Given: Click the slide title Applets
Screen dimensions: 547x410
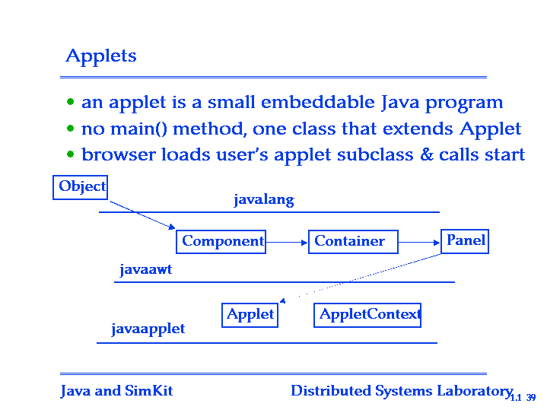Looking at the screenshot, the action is point(101,56).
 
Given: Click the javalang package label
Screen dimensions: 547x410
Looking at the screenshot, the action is point(264,200).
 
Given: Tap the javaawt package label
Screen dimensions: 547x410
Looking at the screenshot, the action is point(146,270).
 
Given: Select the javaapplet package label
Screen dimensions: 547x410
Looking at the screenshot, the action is point(148,329).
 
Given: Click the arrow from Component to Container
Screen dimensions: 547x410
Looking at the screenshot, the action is point(287,242).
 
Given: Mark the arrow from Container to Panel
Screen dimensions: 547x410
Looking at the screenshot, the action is point(419,242).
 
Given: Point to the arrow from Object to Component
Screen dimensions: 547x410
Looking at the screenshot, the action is point(142,215).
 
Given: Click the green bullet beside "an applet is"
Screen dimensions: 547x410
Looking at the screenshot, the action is point(71,102).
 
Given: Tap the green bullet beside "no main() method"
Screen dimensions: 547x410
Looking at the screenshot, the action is point(71,129).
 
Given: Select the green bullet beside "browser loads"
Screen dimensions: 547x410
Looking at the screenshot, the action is point(71,154).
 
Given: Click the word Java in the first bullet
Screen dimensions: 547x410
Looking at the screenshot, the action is point(399,103).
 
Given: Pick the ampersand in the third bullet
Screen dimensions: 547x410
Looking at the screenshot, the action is point(426,154).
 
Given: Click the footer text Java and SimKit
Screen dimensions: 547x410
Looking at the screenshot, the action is point(116,391).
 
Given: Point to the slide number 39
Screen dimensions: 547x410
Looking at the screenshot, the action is point(531,397).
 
